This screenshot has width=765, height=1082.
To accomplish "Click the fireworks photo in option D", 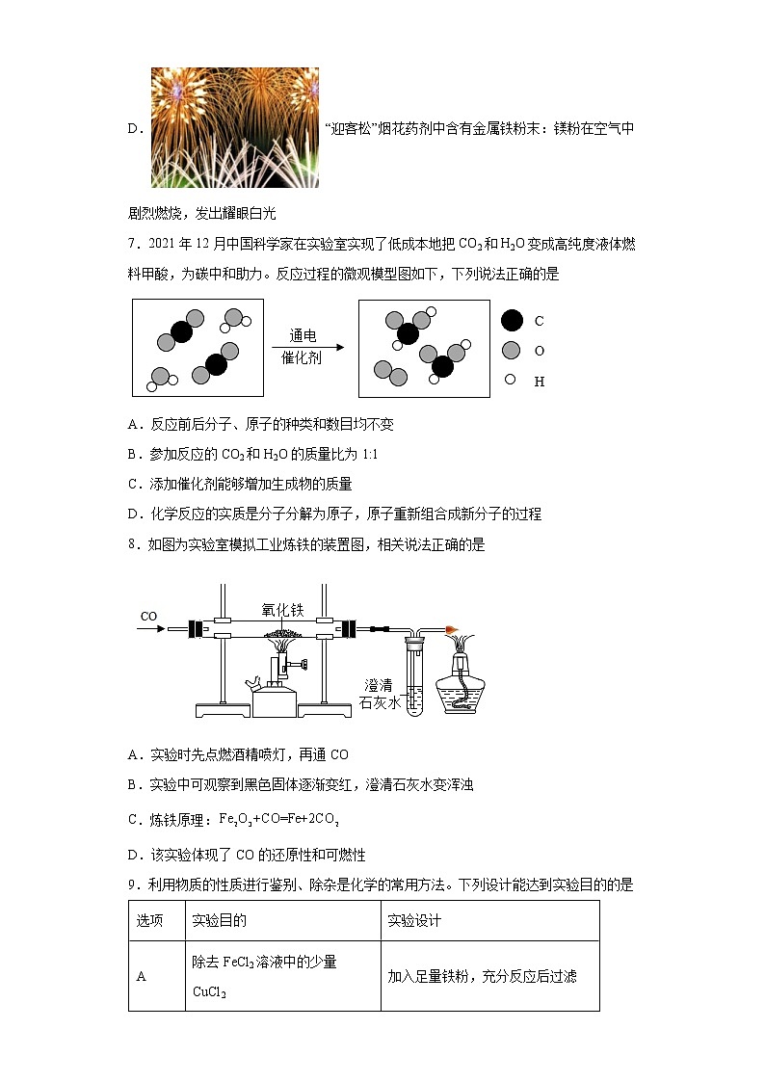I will click(x=234, y=126).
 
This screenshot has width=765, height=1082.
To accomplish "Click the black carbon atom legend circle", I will click(x=513, y=320).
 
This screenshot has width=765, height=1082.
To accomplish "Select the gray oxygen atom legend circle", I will click(x=512, y=350).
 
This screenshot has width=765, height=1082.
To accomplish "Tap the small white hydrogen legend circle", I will click(x=511, y=380).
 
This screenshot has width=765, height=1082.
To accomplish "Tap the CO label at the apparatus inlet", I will click(x=148, y=616).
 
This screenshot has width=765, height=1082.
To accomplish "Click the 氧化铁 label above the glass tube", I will click(x=282, y=609).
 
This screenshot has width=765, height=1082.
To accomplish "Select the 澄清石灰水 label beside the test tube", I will click(x=379, y=693).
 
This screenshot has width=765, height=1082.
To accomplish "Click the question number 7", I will click(x=132, y=245).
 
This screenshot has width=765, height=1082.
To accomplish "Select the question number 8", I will click(x=132, y=544).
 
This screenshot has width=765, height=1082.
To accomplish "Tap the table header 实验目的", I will click(x=220, y=920).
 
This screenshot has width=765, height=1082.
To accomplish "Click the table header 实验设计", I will click(x=414, y=920).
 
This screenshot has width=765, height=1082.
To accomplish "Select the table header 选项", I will click(x=149, y=920).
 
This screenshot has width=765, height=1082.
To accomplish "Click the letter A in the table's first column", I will click(x=141, y=976).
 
